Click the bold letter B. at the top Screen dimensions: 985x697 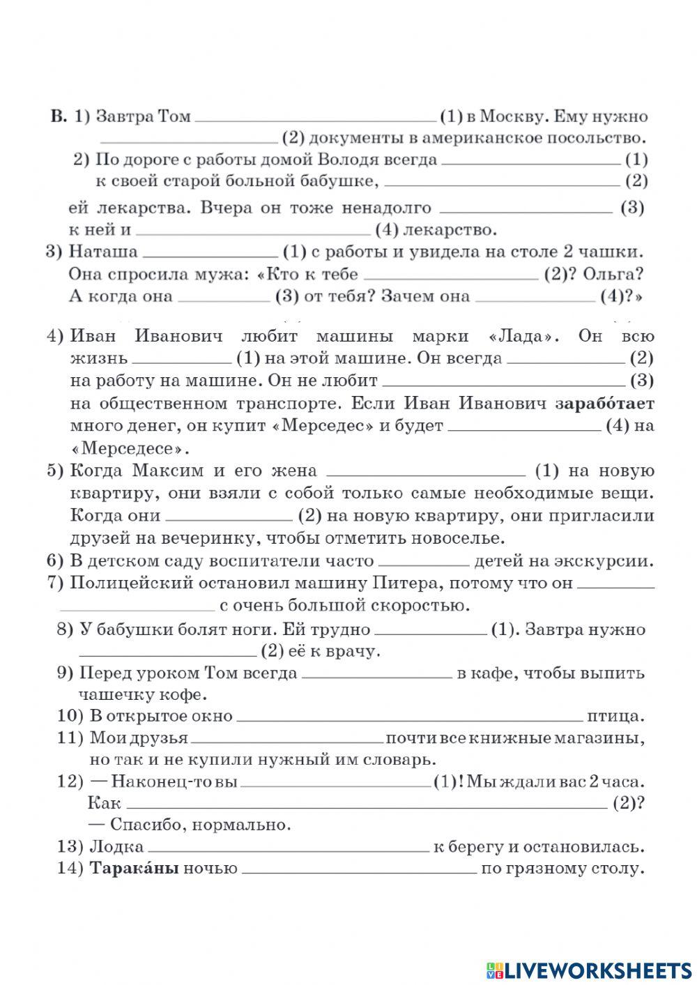[x=59, y=116]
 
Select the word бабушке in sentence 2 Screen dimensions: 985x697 [x=345, y=181]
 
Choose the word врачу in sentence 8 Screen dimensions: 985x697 [x=353, y=651]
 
